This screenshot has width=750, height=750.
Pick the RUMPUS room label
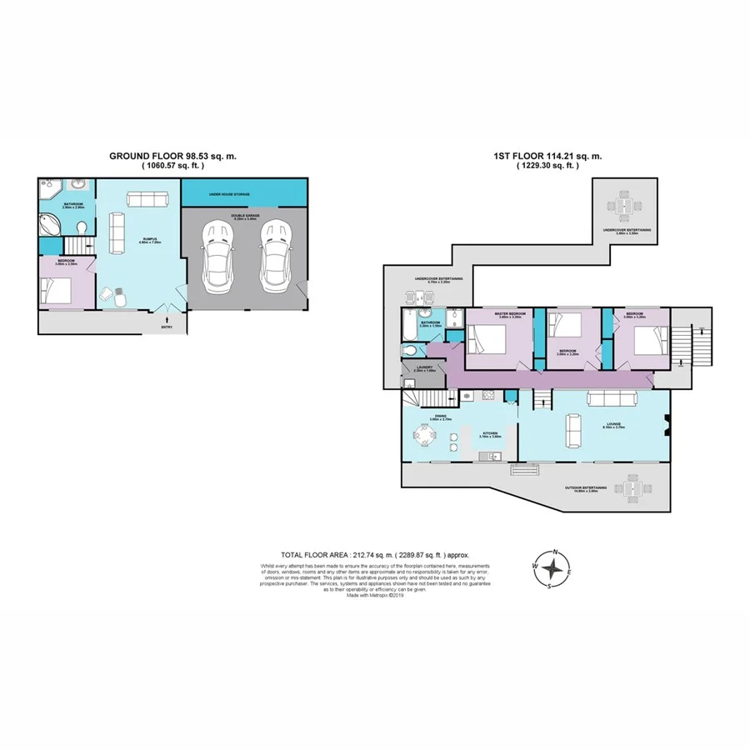coord(150,241)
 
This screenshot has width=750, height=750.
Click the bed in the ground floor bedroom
coord(57,289)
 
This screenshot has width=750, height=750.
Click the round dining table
coord(427,436)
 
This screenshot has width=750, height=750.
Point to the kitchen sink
coord(490,456)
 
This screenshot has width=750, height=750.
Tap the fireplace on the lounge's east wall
coord(667,426)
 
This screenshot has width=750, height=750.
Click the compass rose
coord(551,570)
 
